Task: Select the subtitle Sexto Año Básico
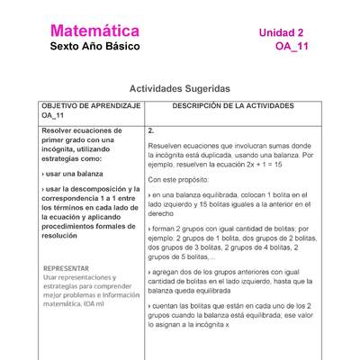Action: click(94, 47)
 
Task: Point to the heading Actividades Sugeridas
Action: click(180, 89)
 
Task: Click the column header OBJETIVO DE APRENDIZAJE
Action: click(90, 105)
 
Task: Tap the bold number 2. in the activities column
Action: click(151, 130)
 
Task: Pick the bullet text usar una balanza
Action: click(77, 172)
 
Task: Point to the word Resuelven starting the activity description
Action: click(169, 145)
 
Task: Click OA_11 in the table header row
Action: click(52, 116)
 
